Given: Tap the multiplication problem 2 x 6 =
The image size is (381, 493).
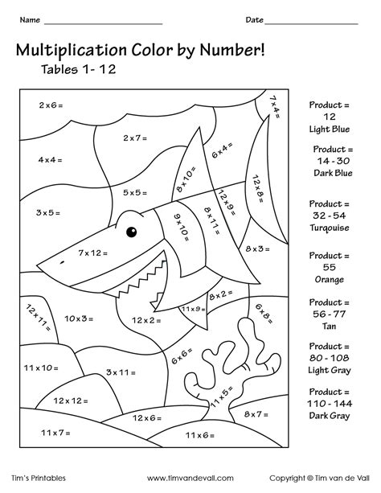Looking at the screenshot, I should tap(51, 105).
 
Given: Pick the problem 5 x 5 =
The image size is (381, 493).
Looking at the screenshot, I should tap(136, 193).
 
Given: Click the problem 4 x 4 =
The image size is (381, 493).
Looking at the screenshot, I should tap(49, 160).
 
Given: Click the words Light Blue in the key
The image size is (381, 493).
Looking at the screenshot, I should tap(330, 129).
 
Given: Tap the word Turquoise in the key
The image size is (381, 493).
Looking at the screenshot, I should tap(330, 228).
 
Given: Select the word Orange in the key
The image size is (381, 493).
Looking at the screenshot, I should tap(330, 279).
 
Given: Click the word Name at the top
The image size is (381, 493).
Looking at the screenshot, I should tap(30, 18).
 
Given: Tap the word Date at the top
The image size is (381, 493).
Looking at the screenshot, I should tap(255, 18).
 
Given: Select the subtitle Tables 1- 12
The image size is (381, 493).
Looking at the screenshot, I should tap(79, 69).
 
